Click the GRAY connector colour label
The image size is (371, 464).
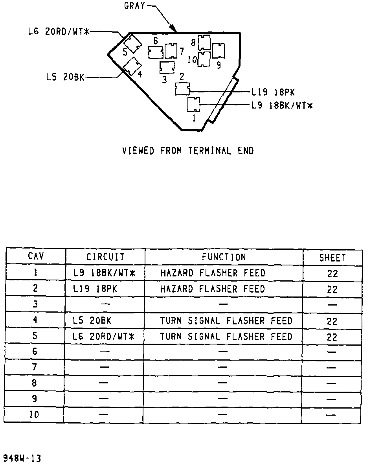point(135,6)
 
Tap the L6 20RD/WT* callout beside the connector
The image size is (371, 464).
point(59,32)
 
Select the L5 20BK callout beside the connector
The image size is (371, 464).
point(65,77)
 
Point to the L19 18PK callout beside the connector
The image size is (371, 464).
point(273,92)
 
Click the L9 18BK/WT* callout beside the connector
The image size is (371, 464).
point(282,105)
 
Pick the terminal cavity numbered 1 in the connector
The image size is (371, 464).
point(194,104)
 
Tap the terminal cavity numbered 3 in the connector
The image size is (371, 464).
point(167,68)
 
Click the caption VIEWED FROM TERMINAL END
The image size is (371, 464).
point(188,151)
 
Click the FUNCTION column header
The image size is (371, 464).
point(224,257)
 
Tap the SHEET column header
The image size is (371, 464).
point(332,258)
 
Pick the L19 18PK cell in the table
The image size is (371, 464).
point(95,289)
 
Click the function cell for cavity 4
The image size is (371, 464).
point(226,321)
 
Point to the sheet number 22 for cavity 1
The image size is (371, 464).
point(332,274)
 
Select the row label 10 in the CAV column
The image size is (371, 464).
point(35,414)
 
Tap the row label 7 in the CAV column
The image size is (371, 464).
point(35,367)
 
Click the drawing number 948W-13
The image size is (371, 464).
point(22,458)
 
